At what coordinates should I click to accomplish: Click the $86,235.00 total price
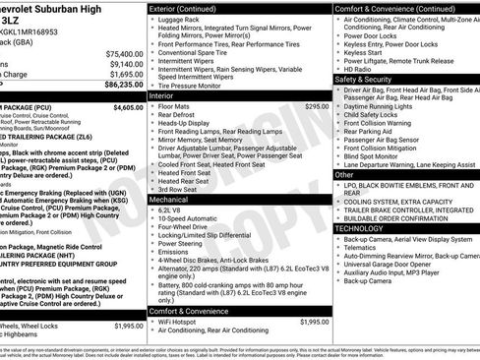point(121,87)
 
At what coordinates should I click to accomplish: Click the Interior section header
point(162,95)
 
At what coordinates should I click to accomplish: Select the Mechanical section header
point(170,199)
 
